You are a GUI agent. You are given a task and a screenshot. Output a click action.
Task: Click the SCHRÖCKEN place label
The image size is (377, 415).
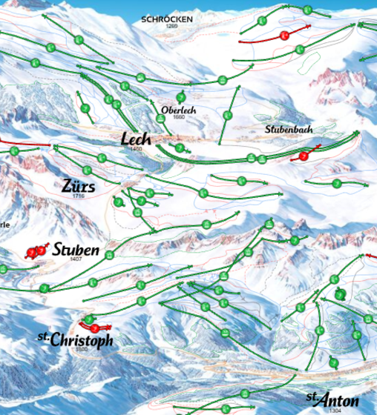167,19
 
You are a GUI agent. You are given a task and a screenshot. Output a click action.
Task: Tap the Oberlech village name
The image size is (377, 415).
177,110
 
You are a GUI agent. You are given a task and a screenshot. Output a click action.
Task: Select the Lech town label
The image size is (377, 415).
136,139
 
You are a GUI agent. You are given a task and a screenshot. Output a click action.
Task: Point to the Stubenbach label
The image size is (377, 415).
289,129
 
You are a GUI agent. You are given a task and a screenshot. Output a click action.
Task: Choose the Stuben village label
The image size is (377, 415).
75,250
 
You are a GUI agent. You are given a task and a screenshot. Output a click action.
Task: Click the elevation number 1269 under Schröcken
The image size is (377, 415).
171,26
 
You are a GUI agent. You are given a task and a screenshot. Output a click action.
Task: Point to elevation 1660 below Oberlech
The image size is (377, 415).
178,117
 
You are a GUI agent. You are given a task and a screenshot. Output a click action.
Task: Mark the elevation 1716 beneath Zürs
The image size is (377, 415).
79,196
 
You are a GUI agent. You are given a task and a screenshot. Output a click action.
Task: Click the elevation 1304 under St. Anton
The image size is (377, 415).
335,410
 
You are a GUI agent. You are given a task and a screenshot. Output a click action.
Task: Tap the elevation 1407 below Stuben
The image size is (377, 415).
76,259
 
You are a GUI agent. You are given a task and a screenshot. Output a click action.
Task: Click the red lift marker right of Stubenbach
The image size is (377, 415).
303,156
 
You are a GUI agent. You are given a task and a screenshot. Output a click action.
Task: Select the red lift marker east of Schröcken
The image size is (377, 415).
284,35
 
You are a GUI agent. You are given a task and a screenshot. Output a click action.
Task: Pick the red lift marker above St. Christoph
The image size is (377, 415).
94,328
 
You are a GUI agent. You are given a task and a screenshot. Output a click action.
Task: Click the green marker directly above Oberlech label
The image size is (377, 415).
180,97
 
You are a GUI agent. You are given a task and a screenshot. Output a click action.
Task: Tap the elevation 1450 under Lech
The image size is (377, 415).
136,149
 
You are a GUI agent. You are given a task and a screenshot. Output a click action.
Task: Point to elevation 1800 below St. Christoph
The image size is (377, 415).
82,348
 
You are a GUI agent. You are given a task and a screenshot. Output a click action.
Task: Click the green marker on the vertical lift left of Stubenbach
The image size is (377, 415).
228,116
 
